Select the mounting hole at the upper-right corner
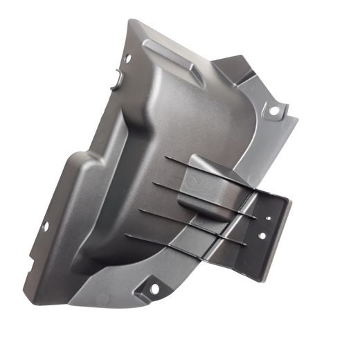pos(274,110)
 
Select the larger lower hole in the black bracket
pos(260,235)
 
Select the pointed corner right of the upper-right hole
pos(296,120)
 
